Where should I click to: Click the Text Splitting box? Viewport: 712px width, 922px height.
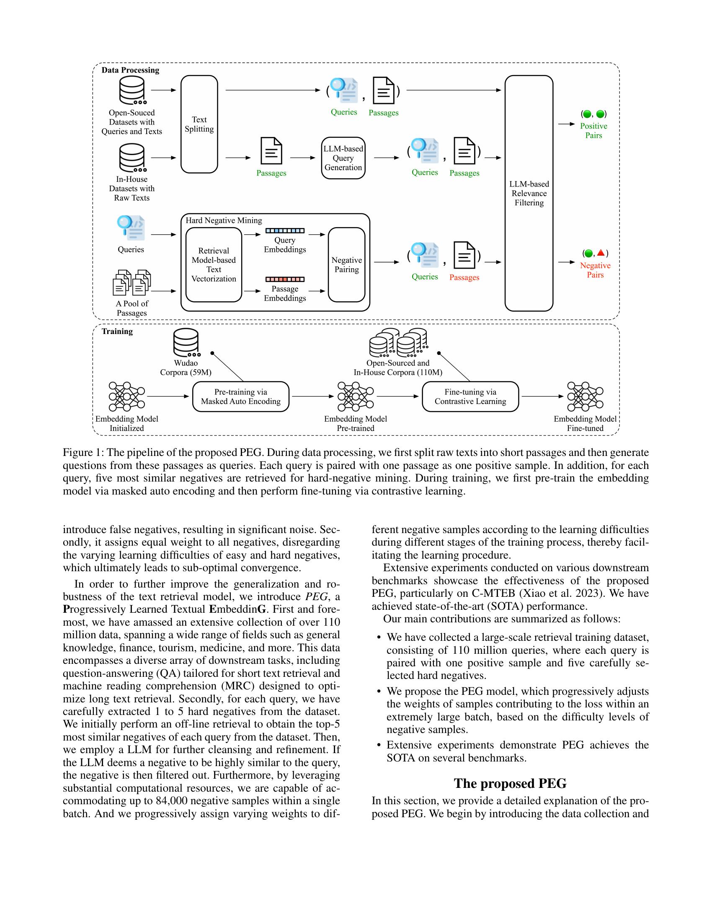(x=199, y=124)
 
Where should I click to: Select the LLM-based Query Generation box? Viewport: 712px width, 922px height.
(x=343, y=158)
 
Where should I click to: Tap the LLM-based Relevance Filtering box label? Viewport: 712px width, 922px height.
(x=529, y=193)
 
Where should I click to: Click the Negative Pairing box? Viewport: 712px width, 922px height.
(x=346, y=265)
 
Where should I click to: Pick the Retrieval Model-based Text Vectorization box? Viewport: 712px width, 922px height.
(x=214, y=265)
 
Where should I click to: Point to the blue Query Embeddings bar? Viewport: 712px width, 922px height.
(x=285, y=231)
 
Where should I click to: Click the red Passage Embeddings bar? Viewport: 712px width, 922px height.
(x=285, y=279)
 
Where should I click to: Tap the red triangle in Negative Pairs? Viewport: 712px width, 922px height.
(x=601, y=253)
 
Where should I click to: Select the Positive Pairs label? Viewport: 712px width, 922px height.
(x=593, y=130)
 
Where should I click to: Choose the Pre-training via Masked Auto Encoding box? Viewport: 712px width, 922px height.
(x=240, y=396)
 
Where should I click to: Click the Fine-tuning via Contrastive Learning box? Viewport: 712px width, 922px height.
(x=470, y=396)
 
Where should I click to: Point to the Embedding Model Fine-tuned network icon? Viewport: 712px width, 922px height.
(x=585, y=396)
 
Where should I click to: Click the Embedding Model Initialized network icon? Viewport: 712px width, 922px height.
(x=126, y=396)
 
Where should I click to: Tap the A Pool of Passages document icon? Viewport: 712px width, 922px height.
(x=132, y=282)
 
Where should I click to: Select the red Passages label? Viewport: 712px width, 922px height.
(x=464, y=277)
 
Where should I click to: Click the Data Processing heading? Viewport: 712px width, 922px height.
(x=130, y=70)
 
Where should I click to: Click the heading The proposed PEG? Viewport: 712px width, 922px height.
(x=510, y=784)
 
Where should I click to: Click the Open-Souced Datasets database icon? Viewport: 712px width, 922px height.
(x=132, y=90)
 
